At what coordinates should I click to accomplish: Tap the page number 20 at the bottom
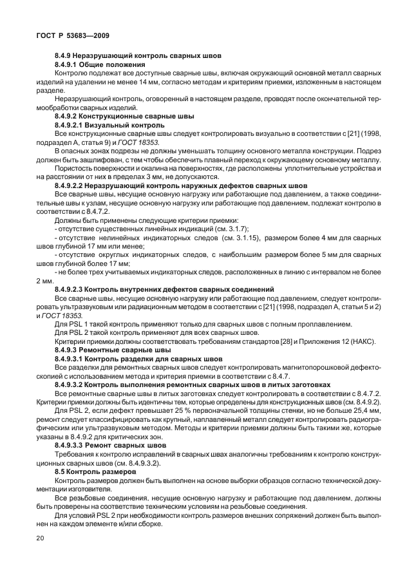click(41, 537)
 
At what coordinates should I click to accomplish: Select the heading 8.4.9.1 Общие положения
click(100, 65)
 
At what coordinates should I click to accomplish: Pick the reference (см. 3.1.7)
click(231, 229)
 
